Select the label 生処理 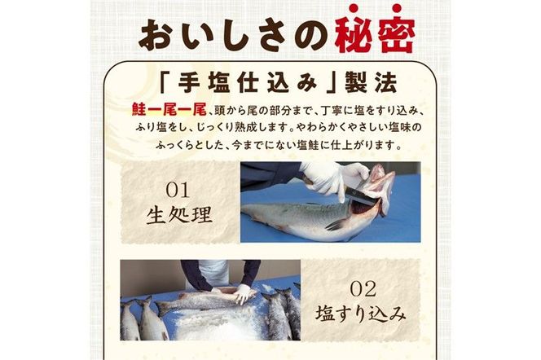(x=178, y=216)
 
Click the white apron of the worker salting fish (x=215, y=273)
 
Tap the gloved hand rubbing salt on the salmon (x=240, y=294)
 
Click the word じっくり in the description (x=235, y=127)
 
